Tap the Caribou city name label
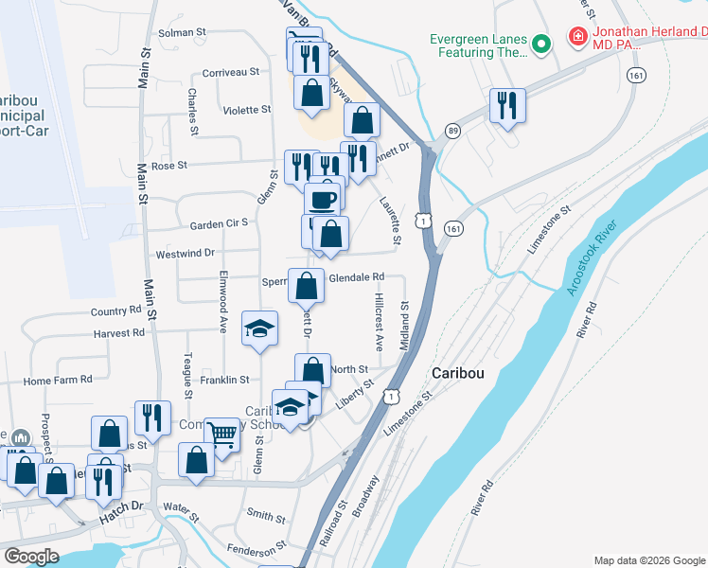click(x=458, y=373)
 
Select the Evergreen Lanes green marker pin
click(x=541, y=44)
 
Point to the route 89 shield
click(x=454, y=131)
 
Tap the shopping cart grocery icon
click(x=221, y=435)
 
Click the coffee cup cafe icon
click(x=323, y=200)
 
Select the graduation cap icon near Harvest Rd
click(x=259, y=328)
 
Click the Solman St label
click(x=182, y=32)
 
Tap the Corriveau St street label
click(x=231, y=72)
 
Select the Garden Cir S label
click(x=218, y=224)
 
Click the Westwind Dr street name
click(x=186, y=254)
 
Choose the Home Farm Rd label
click(x=58, y=380)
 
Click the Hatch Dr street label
click(x=120, y=506)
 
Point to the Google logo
click(x=31, y=557)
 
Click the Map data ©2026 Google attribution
click(x=648, y=560)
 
